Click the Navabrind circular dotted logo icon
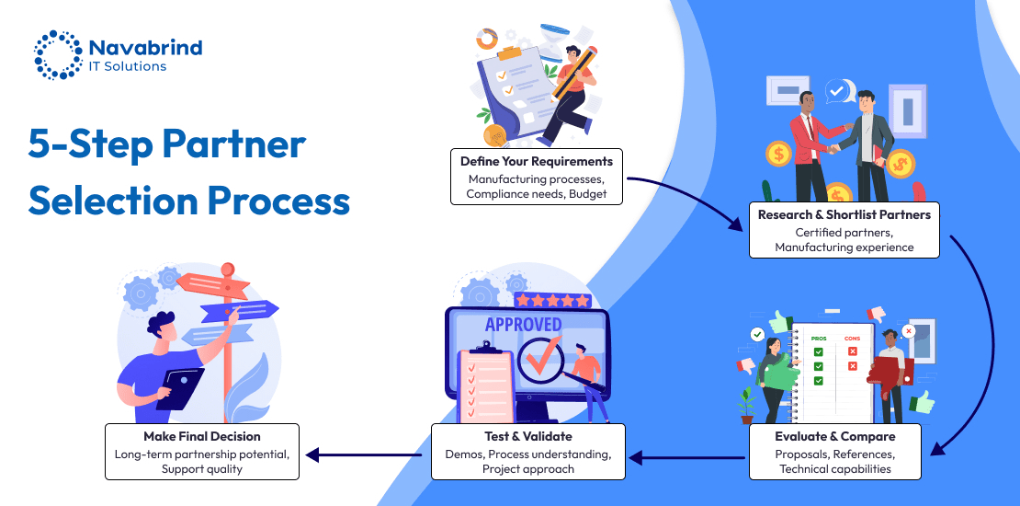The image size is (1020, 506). coord(57,54)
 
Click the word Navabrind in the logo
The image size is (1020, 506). coord(146,47)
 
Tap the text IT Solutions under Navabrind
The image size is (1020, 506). coord(128,66)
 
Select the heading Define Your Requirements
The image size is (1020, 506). coord(537,161)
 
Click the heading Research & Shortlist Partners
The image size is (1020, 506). coord(844,214)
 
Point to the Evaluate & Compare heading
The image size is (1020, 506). coord(834,436)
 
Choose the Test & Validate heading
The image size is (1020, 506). coord(527,436)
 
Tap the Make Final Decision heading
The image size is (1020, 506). coord(202,436)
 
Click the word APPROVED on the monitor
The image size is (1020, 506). coord(523,324)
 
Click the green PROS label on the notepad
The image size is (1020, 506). coord(818,339)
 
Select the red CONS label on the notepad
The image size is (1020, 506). coord(852,339)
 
